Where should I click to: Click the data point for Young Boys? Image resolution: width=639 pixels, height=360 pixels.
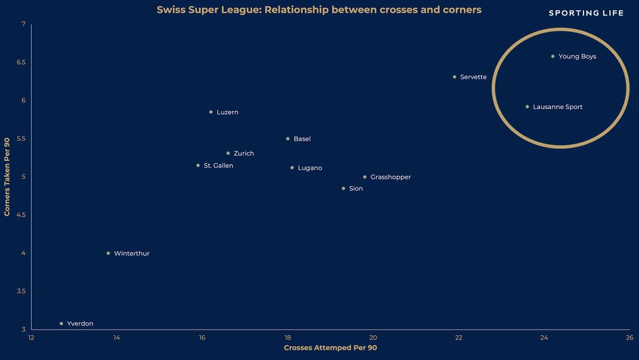tap(552, 56)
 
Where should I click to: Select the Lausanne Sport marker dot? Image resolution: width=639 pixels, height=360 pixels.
tap(527, 106)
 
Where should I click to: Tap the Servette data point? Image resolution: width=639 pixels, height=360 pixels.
tap(454, 76)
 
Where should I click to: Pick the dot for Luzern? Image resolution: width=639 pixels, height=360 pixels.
tap(211, 112)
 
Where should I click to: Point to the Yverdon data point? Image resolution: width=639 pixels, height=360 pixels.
tap(61, 323)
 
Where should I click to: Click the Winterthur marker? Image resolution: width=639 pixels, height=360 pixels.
tap(108, 253)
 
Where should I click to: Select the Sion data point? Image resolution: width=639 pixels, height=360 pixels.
tap(344, 188)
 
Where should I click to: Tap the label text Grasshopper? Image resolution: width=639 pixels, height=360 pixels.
tap(390, 177)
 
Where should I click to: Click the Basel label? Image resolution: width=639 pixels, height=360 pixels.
tap(302, 139)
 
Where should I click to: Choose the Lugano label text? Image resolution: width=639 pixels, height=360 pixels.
tap(310, 168)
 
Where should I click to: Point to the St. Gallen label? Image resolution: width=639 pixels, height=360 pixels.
tap(218, 165)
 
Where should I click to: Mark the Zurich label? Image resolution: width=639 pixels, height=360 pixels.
tap(243, 154)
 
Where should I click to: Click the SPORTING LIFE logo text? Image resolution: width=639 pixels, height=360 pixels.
tap(586, 13)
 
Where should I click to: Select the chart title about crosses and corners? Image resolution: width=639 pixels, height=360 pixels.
tap(319, 10)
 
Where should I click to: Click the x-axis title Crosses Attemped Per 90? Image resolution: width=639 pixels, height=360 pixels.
tap(330, 348)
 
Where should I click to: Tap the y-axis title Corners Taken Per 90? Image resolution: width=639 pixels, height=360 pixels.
tap(7, 177)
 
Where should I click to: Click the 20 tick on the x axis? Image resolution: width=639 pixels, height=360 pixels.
tap(373, 338)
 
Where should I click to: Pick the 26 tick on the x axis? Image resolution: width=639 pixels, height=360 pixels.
tap(629, 338)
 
